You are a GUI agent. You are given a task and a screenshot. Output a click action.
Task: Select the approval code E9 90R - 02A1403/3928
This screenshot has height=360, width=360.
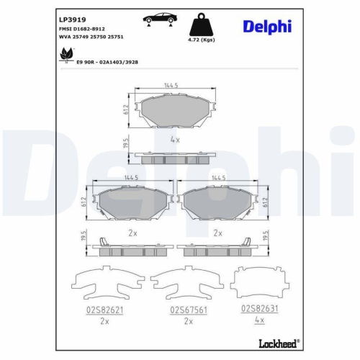(x=107, y=62)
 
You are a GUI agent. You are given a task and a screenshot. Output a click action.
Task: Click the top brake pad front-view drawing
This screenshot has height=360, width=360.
(x=170, y=110)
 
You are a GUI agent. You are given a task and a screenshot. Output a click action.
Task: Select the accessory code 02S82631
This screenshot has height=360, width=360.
(x=259, y=307)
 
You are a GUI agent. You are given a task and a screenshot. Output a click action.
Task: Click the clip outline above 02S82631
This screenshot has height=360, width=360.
(x=260, y=282)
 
